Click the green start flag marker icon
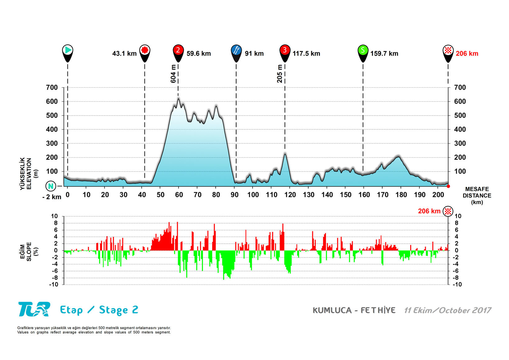pyautogui.click(x=68, y=50)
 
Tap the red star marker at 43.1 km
pyautogui.click(x=144, y=50)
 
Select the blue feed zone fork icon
pyautogui.click(x=236, y=50)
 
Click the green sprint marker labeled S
pyautogui.click(x=363, y=50)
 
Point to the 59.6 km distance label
pyautogui.click(x=199, y=53)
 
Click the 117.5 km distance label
pyautogui.click(x=306, y=53)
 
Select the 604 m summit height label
pyautogui.click(x=173, y=74)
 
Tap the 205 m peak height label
pyautogui.click(x=280, y=74)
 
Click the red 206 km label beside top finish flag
pyautogui.click(x=467, y=53)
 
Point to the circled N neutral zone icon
pyautogui.click(x=51, y=186)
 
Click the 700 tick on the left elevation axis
pyautogui.click(x=52, y=88)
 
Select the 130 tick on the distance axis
pyautogui.click(x=309, y=195)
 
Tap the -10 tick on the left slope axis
pyautogui.click(x=53, y=284)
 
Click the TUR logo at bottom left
pyautogui.click(x=34, y=309)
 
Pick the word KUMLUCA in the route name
pyautogui.click(x=332, y=310)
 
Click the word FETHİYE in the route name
pyautogui.click(x=378, y=310)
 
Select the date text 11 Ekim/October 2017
pyautogui.click(x=447, y=310)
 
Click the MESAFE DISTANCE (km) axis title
pyautogui.click(x=477, y=196)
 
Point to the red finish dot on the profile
pyautogui.click(x=448, y=186)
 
